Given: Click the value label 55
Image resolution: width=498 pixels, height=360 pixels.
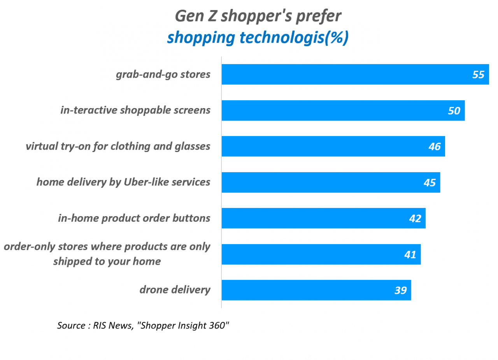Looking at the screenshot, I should pyautogui.click(x=478, y=75).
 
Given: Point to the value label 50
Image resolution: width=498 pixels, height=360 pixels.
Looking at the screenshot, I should pyautogui.click(x=454, y=111).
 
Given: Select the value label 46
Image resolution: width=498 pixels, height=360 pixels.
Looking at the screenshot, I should pyautogui.click(x=434, y=147).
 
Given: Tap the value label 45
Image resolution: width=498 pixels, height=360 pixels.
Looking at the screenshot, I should pyautogui.click(x=430, y=182).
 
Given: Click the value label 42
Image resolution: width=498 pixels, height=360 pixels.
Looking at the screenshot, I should pyautogui.click(x=415, y=218).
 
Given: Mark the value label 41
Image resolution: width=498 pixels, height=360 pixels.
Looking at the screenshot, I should pyautogui.click(x=410, y=255).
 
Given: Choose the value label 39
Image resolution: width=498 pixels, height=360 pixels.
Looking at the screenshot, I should pyautogui.click(x=400, y=290).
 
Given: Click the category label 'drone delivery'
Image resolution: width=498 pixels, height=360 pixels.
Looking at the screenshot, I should pyautogui.click(x=175, y=290).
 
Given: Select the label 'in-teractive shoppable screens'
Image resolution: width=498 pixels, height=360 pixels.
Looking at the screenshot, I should pyautogui.click(x=135, y=110).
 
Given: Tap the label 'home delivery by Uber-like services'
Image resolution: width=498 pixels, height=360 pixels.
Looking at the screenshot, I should pyautogui.click(x=123, y=182).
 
